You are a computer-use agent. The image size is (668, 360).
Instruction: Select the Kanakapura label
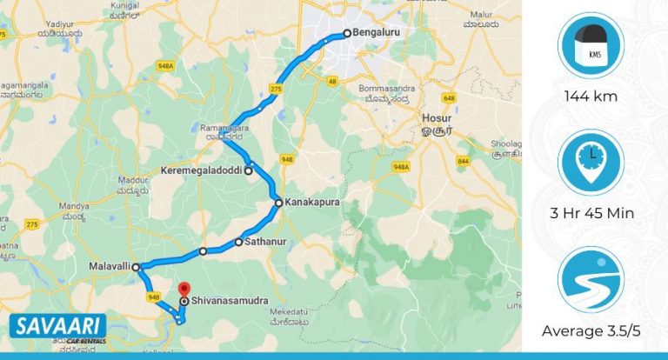tap(311, 203)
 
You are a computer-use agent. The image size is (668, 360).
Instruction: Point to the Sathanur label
tap(266, 242)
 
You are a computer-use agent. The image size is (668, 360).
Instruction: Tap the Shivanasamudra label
tap(230, 302)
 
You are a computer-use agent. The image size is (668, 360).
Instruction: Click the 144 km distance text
tap(591, 97)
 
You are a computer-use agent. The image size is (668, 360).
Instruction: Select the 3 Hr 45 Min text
tap(591, 214)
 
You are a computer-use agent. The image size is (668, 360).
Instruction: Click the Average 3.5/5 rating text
tap(591, 330)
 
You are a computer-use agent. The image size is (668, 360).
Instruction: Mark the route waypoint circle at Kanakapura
tap(278, 203)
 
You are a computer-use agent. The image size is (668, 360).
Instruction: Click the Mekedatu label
tap(291, 310)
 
